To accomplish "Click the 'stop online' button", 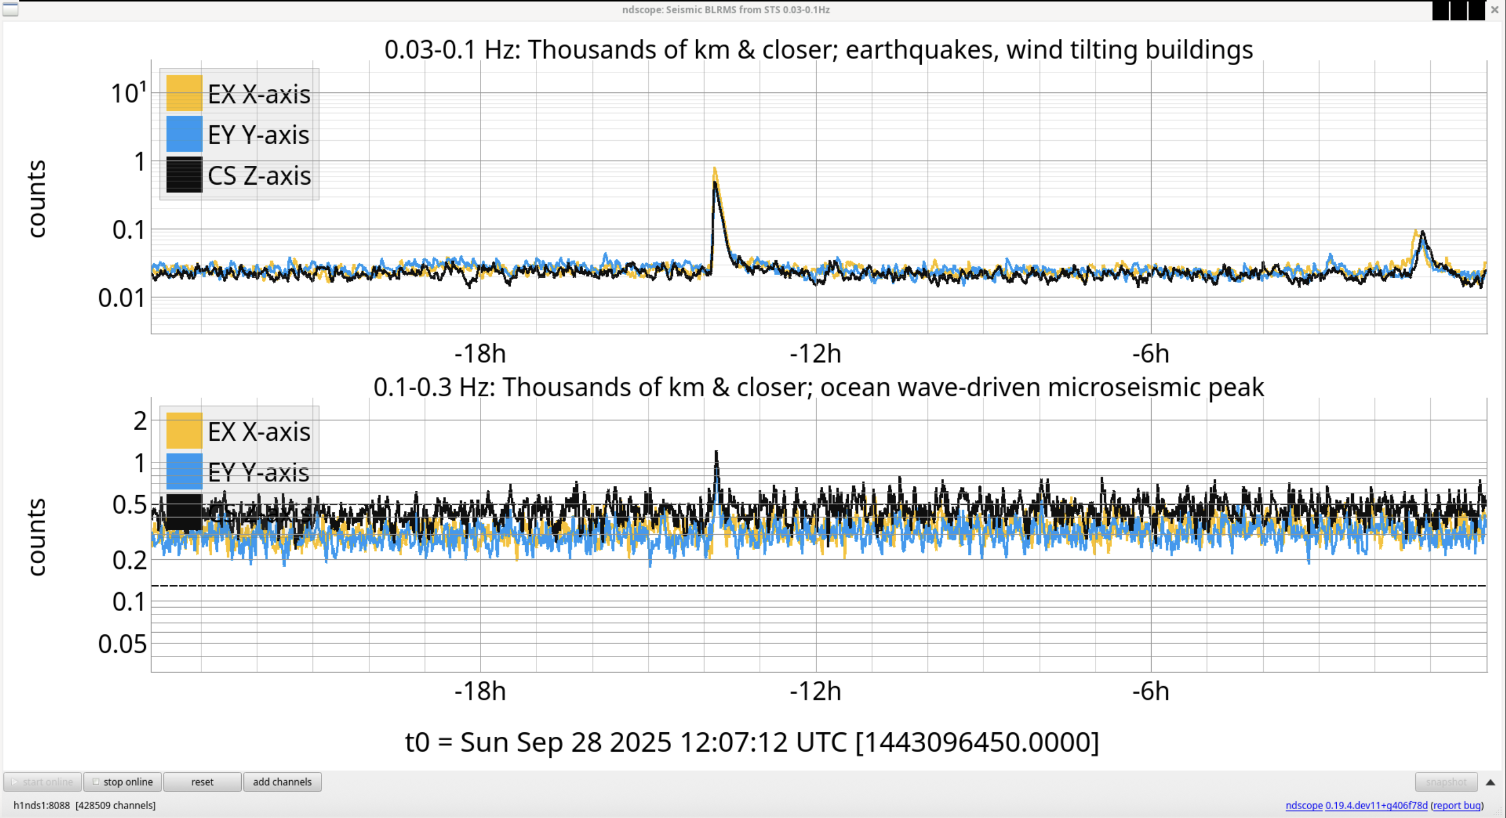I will point(123,782).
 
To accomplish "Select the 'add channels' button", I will point(282,782).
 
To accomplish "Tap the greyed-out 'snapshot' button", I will point(1446,782).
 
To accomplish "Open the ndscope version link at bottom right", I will point(1376,805).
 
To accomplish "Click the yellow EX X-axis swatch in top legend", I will point(184,93).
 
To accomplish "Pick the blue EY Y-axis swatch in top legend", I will point(184,135).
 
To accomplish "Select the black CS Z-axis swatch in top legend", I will point(184,175).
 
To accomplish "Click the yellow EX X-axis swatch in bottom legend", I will point(184,431).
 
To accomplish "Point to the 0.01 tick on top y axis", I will point(121,298).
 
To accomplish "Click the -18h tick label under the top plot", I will point(480,353).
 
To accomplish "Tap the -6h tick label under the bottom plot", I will point(1151,691).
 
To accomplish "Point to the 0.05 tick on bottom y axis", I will point(122,644).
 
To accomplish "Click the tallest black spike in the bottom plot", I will point(716,453).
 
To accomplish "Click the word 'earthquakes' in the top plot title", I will point(919,50).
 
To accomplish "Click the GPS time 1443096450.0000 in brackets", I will point(977,742).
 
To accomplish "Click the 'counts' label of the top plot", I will point(37,199).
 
